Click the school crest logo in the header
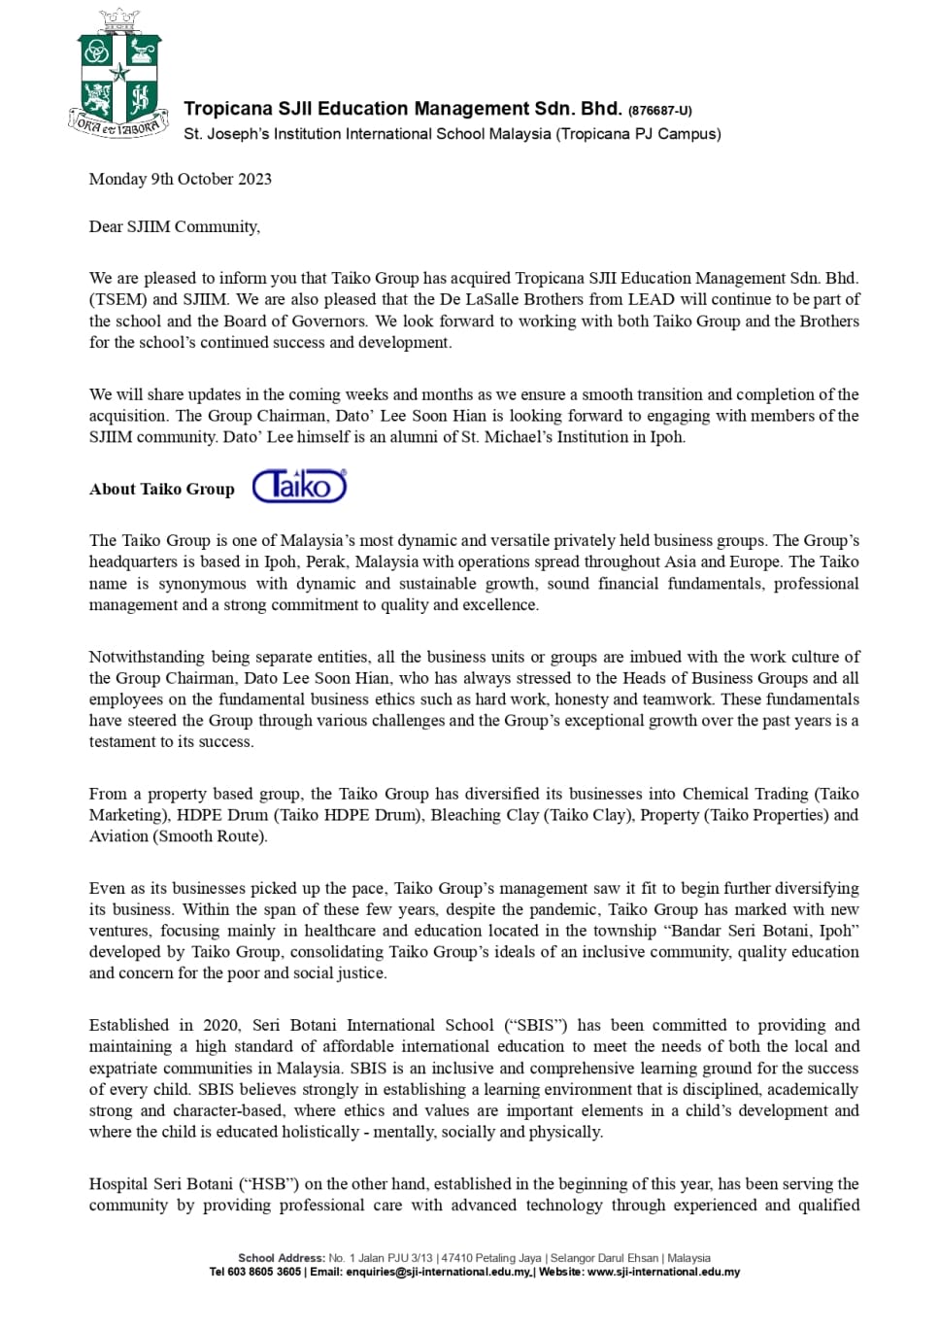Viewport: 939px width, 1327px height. (x=118, y=75)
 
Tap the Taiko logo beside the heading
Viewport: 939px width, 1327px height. (x=299, y=486)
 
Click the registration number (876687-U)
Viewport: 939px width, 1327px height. (x=660, y=111)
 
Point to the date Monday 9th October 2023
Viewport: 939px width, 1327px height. (x=181, y=179)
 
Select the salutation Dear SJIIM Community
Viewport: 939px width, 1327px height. (x=175, y=226)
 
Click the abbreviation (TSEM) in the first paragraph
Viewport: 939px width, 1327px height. (x=118, y=299)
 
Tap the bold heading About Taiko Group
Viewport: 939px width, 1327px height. (x=162, y=490)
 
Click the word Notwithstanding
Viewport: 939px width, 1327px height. (x=147, y=657)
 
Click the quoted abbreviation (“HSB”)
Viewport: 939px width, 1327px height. (x=273, y=1184)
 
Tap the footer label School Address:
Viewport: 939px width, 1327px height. (x=282, y=1258)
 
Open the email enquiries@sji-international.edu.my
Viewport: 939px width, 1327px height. (x=439, y=1272)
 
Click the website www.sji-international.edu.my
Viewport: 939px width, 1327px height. (x=663, y=1272)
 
